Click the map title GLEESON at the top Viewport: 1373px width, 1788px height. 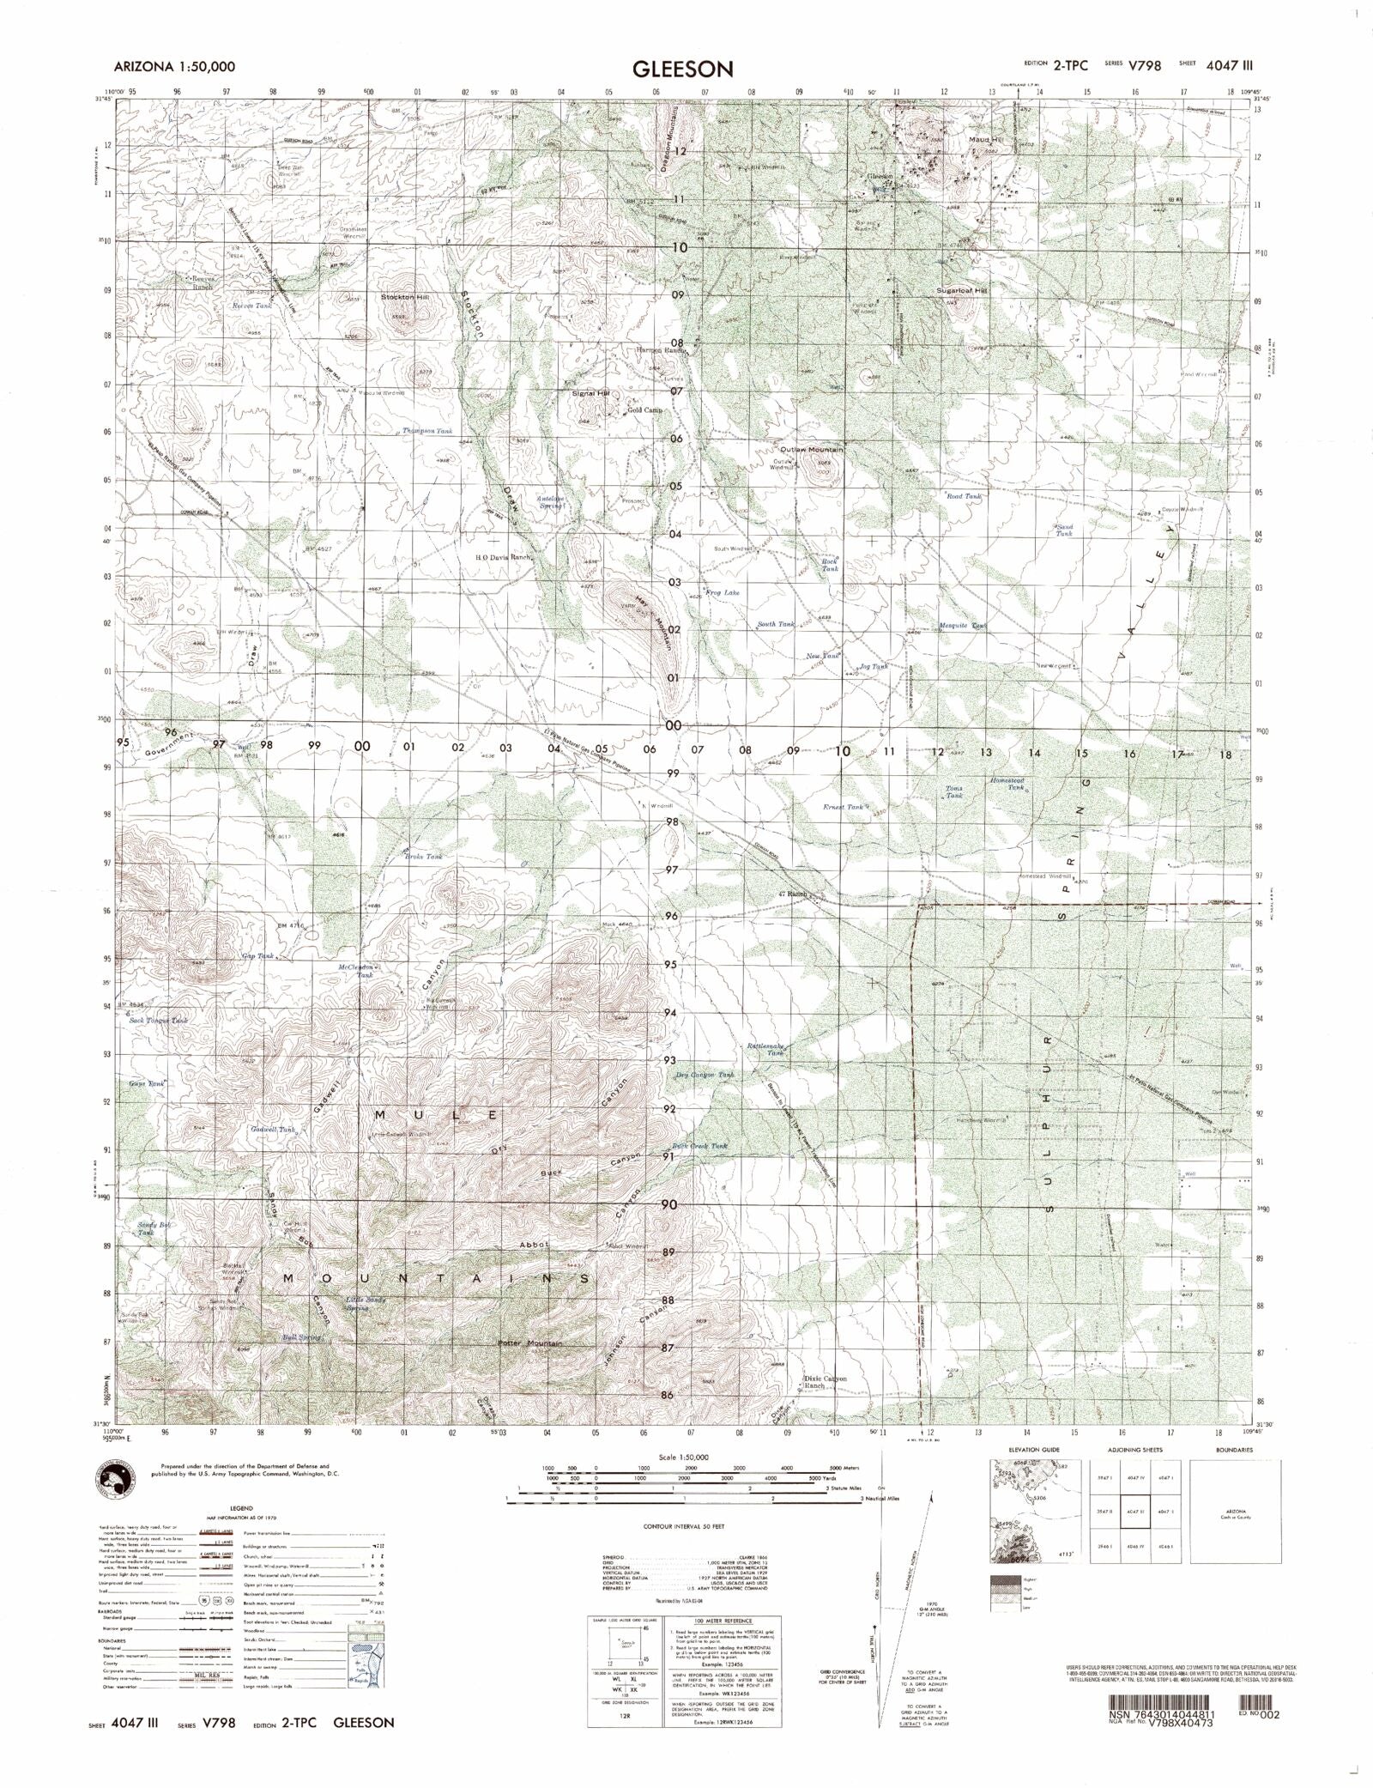click(x=683, y=69)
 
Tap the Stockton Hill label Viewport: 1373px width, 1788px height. click(x=404, y=297)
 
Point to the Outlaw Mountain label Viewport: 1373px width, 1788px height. click(x=811, y=450)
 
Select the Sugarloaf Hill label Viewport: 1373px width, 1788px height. click(x=962, y=291)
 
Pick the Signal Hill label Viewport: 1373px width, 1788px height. click(x=590, y=393)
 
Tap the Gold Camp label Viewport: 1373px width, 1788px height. click(x=644, y=410)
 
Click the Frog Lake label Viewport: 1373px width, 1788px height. click(x=722, y=593)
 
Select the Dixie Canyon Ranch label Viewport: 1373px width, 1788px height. click(x=825, y=1406)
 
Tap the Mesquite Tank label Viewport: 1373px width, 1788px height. click(x=963, y=626)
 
